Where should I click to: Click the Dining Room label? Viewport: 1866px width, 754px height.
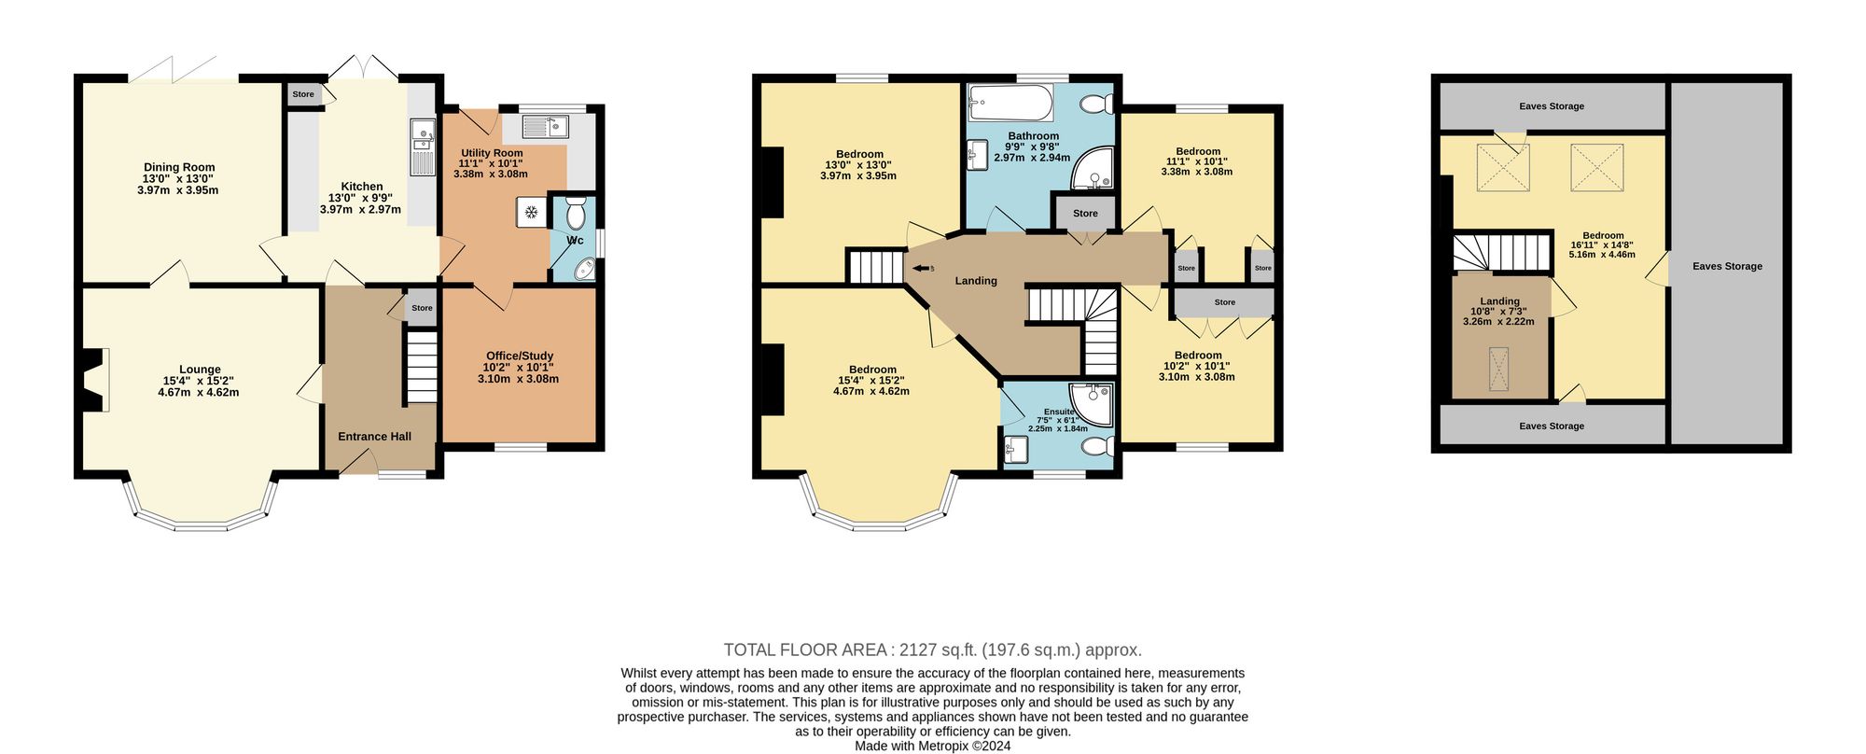(179, 168)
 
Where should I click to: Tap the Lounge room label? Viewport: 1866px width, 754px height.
(200, 370)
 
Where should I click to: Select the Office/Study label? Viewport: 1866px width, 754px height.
(520, 356)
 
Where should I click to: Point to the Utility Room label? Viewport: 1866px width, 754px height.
(492, 153)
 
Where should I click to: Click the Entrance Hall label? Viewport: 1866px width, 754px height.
(374, 437)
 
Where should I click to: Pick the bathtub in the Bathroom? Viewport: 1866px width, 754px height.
(1010, 103)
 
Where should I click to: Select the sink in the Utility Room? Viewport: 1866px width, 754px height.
(546, 126)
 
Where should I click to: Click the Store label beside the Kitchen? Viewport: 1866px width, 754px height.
(303, 94)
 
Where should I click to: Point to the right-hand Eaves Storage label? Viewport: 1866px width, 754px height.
(1727, 266)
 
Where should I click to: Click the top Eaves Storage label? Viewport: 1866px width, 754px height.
(1552, 106)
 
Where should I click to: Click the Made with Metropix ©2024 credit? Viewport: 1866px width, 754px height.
(933, 746)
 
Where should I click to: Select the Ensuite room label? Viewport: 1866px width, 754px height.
(1059, 412)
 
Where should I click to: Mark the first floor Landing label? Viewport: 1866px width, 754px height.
(976, 281)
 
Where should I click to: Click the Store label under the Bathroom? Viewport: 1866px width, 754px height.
(1085, 214)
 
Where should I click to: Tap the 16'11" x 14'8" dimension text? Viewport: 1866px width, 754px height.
(1602, 245)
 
